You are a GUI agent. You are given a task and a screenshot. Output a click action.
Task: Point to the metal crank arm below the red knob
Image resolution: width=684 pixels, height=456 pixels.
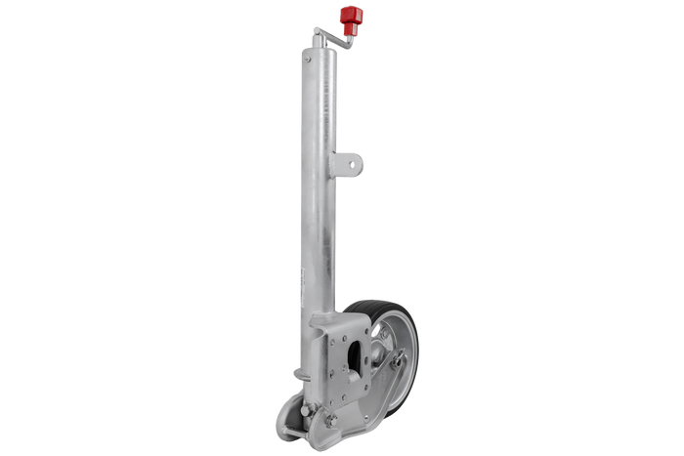point(333,35)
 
